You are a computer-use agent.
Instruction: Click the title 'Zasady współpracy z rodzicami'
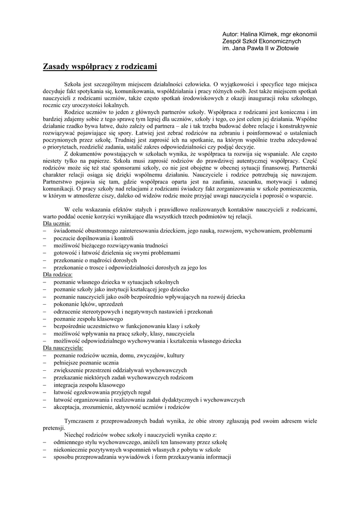(100, 66)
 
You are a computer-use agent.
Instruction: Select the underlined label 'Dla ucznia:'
(57, 224)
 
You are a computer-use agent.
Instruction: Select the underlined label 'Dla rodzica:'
(58, 274)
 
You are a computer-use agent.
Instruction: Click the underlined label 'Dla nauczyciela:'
(63, 348)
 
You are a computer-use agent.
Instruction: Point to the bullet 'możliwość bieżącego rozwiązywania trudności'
(111, 246)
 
